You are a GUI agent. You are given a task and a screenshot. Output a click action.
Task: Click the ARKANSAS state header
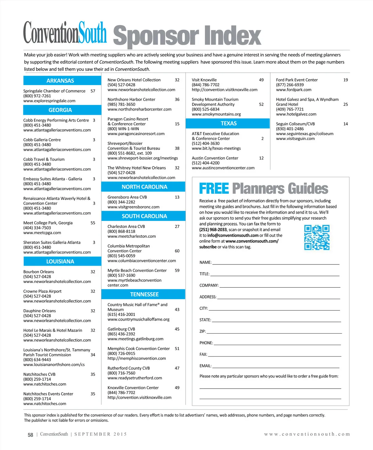coord(60,81)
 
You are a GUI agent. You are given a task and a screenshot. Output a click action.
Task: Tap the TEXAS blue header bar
coord(228,124)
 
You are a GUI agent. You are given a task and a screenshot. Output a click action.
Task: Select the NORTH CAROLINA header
coord(144,187)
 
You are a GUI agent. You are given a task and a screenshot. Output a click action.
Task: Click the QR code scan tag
coord(317,237)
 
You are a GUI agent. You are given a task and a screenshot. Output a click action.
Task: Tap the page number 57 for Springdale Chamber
coord(93,91)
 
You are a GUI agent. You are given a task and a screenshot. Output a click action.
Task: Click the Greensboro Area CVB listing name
coord(127,197)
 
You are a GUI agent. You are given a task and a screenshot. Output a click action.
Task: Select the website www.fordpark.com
coord(294,90)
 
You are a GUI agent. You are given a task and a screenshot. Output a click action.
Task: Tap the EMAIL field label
coord(205,366)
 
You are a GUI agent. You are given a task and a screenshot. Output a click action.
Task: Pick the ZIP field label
coord(203,331)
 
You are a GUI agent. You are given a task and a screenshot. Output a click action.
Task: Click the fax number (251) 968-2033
coord(213,230)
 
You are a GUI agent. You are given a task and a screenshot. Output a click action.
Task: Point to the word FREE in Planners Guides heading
coord(214,189)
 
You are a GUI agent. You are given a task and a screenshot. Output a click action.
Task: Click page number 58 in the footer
coord(30,435)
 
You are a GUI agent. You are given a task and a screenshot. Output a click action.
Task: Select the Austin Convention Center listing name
coord(215,158)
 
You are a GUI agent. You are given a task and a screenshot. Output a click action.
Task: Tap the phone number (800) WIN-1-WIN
coord(123,129)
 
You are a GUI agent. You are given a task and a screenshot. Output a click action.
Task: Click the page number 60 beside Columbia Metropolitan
coord(177,251)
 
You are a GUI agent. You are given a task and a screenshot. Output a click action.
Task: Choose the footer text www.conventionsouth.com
coord(307,434)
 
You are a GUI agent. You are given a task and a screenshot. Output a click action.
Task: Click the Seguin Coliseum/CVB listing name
coord(295,124)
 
